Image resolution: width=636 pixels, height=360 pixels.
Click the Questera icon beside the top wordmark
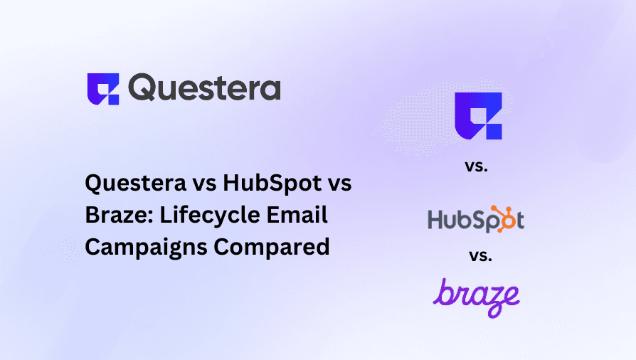[x=102, y=89]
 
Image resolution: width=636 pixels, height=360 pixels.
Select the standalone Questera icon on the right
[x=478, y=116]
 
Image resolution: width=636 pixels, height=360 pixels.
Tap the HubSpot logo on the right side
[x=476, y=218]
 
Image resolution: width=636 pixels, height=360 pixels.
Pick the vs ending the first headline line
[x=339, y=184]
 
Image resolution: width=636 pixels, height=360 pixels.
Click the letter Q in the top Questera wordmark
[x=145, y=89]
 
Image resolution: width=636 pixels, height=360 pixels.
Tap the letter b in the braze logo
[x=443, y=293]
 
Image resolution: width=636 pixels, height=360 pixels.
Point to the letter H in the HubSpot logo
[x=436, y=220]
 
